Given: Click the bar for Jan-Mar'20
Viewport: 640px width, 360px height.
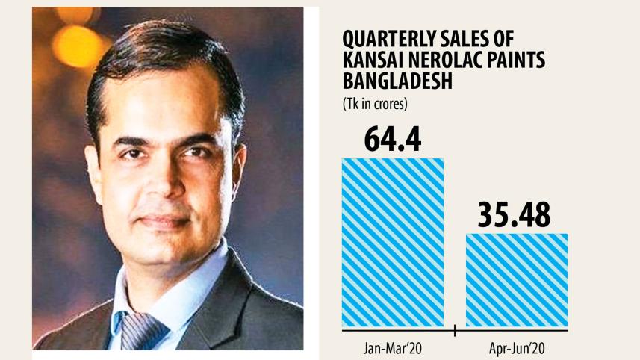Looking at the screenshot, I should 393,242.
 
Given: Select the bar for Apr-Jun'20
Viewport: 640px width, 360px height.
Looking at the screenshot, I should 517,279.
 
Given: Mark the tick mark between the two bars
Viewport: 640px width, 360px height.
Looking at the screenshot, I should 455,328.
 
